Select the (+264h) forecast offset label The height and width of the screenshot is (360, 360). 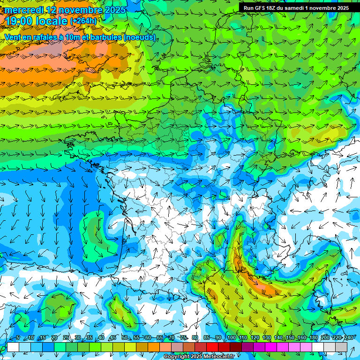point(83,21)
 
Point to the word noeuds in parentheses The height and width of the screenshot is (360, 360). point(139,37)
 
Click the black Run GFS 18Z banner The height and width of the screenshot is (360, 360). point(296,7)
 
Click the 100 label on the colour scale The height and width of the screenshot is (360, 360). point(232,337)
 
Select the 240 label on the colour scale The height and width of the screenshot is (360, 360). point(348,337)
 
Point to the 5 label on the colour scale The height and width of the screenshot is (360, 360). point(18,337)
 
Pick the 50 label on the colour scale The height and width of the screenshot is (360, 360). point(125,337)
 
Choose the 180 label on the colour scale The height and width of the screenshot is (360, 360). point(313,337)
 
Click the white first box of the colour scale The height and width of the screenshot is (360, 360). point(13,347)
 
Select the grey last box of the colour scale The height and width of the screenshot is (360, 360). point(341,347)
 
